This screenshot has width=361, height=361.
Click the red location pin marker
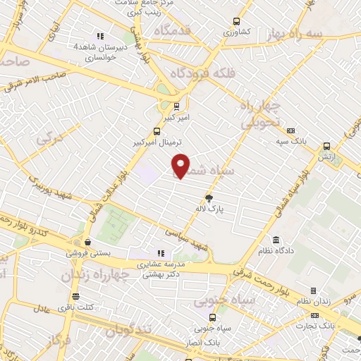[180, 165]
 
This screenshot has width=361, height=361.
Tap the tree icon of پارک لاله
[209, 198]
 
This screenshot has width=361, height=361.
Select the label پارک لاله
[209, 209]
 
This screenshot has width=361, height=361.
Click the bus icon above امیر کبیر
[176, 107]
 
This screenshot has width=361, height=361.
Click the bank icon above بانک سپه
[290, 130]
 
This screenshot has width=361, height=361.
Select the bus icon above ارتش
[326, 146]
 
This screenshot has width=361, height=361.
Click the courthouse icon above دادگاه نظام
[274, 240]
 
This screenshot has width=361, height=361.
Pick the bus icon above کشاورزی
[236, 21]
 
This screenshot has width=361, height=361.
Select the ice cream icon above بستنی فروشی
[86, 241]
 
